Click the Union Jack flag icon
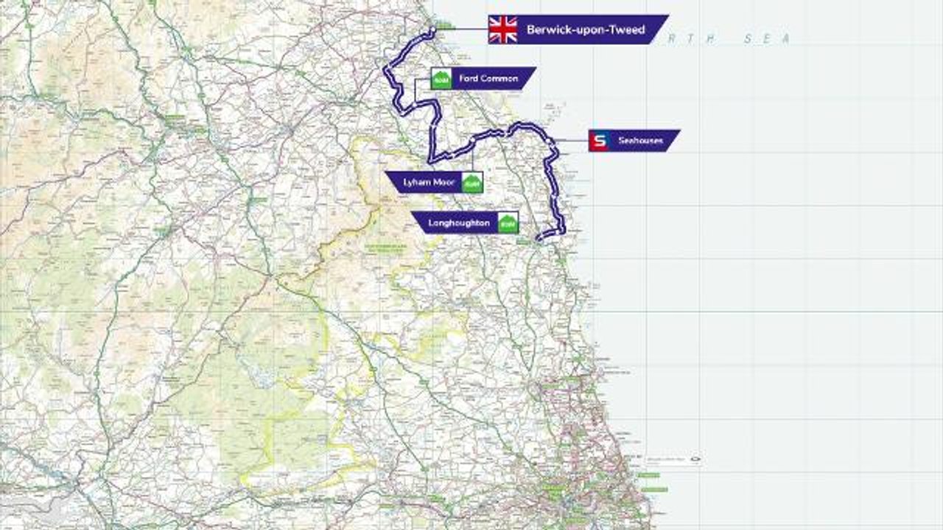click(x=502, y=30)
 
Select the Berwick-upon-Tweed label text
click(x=586, y=30)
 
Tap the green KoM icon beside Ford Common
click(x=441, y=79)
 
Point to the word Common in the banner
click(x=501, y=79)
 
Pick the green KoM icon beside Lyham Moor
click(x=471, y=182)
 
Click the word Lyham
click(x=416, y=182)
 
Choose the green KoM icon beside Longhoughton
click(x=507, y=222)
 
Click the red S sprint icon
click(x=598, y=141)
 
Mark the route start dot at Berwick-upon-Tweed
click(x=432, y=30)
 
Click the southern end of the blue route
click(x=539, y=239)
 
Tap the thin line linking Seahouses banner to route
click(x=571, y=141)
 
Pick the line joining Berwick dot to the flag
click(x=460, y=30)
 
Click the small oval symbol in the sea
click(x=693, y=460)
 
